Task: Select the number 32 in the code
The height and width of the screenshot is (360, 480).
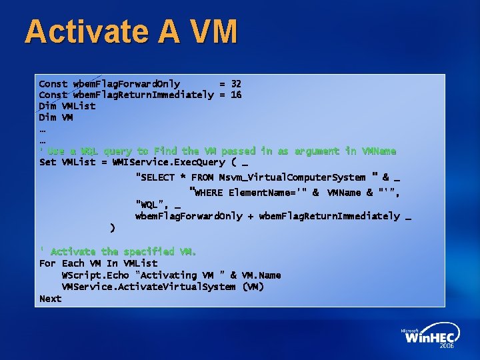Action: pos(236,84)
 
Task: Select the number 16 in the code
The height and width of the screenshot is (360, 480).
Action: pos(236,95)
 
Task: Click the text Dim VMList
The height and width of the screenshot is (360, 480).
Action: pos(67,106)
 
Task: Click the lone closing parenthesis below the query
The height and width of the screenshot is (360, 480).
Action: pos(112,228)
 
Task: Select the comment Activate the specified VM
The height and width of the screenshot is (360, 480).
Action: pos(123,251)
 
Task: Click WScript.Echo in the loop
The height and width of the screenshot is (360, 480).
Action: pos(95,275)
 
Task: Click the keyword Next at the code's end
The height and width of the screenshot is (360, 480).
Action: pos(51,299)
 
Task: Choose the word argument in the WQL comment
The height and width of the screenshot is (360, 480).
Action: pos(316,151)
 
